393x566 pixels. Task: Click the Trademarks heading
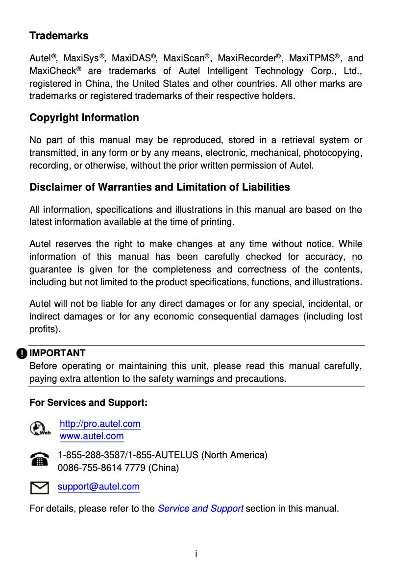[x=59, y=36]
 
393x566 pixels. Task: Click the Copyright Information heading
[x=84, y=118]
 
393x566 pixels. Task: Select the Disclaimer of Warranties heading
[x=159, y=187]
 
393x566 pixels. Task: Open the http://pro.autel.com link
[x=100, y=423]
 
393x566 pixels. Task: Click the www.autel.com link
[x=92, y=436]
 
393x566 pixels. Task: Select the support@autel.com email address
[x=98, y=487]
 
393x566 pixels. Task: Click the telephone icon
[x=39, y=460]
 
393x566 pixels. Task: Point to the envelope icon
[x=39, y=487]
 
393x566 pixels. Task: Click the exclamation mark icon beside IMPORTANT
[x=22, y=353]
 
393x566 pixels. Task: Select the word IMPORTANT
[x=57, y=353]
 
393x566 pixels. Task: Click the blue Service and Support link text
[x=200, y=508]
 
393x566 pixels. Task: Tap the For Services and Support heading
[x=88, y=403]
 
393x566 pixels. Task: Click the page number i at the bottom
[x=196, y=554]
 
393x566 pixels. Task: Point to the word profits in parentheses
[x=44, y=329]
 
